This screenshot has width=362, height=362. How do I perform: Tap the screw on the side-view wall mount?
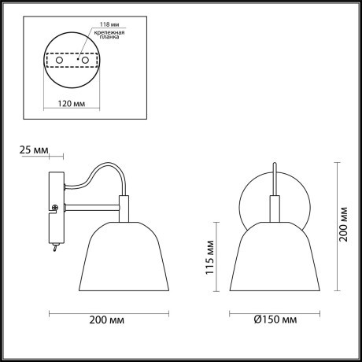[54, 208]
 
